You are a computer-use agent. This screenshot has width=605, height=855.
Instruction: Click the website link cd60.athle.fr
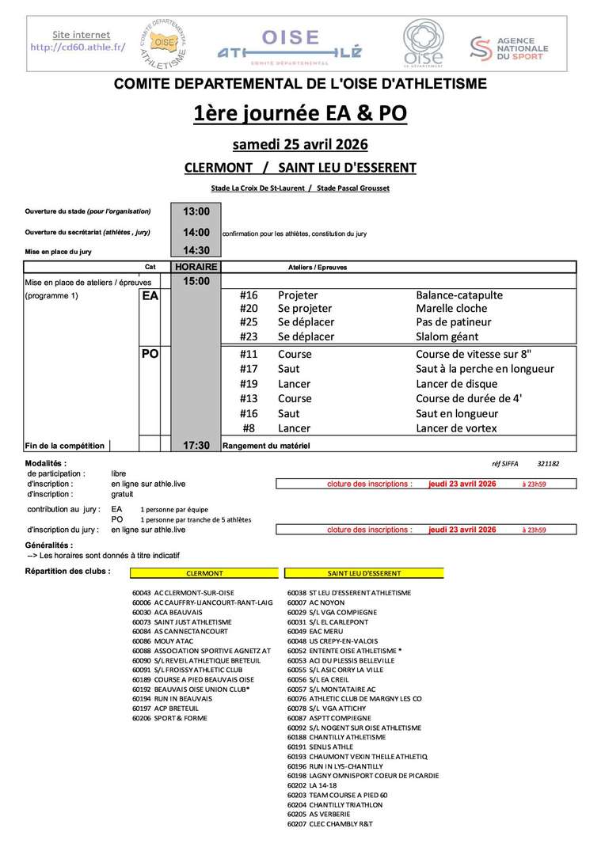[81, 47]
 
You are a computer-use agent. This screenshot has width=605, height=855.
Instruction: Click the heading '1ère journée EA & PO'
[300, 114]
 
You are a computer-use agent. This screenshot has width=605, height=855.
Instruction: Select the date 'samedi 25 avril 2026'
[300, 145]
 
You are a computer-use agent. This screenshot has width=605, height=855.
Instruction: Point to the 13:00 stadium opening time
[196, 211]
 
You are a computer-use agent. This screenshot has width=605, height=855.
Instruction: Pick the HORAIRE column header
[196, 267]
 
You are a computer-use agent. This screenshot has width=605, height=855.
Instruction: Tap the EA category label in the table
[150, 296]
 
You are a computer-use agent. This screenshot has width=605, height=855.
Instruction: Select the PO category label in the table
[150, 355]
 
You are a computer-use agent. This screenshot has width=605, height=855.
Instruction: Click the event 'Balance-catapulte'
[459, 295]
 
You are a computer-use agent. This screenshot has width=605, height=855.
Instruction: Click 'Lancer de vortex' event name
[456, 428]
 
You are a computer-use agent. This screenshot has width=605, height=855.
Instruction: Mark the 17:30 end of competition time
[196, 446]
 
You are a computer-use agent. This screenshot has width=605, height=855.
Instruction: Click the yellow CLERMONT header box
[204, 572]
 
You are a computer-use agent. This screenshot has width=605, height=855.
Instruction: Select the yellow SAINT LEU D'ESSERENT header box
[364, 572]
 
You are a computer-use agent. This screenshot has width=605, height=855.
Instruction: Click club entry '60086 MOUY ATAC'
[169, 641]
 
